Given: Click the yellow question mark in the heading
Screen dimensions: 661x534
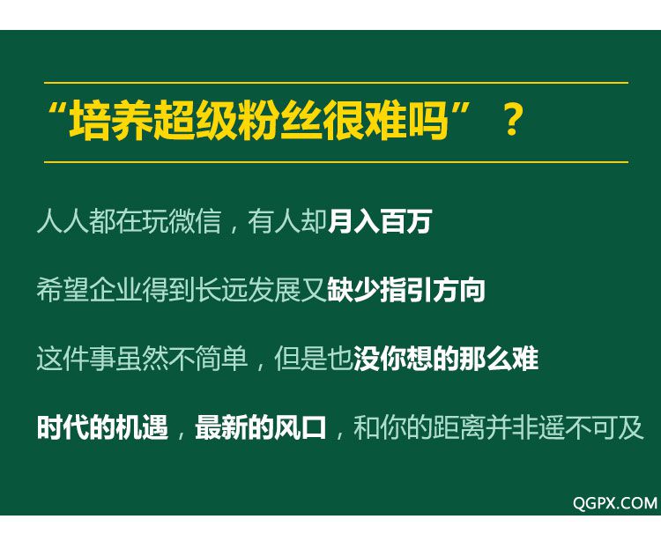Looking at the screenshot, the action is pyautogui.click(x=513, y=120).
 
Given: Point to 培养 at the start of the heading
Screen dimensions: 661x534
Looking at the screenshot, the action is pyautogui.click(x=111, y=121).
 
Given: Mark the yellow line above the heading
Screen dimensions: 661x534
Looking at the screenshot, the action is pyautogui.click(x=336, y=83).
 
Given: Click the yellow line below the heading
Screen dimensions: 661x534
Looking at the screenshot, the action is pyautogui.click(x=336, y=162).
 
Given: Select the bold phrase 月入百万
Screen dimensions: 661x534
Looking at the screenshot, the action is pyautogui.click(x=380, y=221).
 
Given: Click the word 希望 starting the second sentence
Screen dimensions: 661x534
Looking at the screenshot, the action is pyautogui.click(x=62, y=290).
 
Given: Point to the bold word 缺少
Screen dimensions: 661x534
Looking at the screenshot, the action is pyautogui.click(x=353, y=290).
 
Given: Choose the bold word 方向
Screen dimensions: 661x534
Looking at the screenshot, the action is pyautogui.click(x=458, y=290).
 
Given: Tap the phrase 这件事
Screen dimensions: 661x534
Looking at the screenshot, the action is pyautogui.click(x=76, y=359).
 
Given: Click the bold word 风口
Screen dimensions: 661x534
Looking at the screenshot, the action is pyautogui.click(x=300, y=427).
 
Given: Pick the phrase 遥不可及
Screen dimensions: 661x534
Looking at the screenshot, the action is pyautogui.click(x=590, y=427).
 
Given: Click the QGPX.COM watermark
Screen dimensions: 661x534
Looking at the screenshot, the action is pyautogui.click(x=615, y=503).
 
